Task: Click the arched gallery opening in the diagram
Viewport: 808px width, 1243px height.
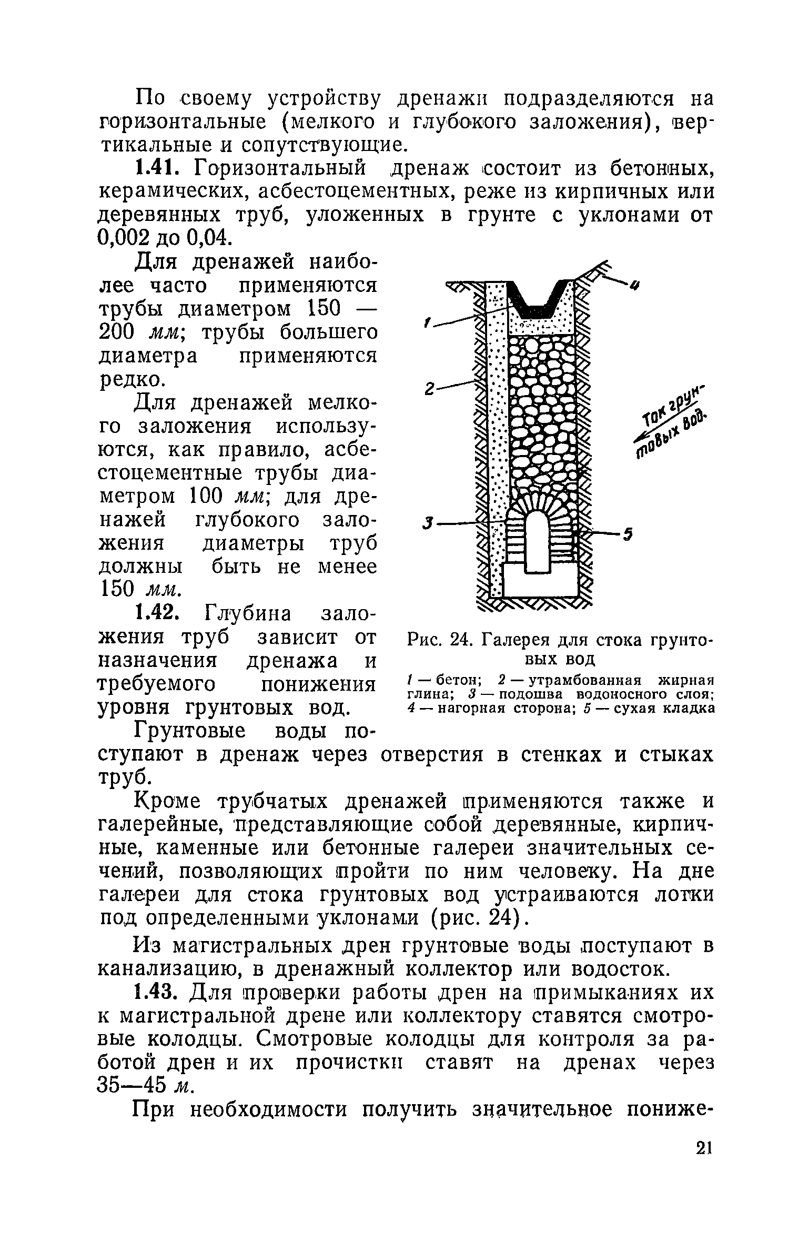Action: click(536, 542)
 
